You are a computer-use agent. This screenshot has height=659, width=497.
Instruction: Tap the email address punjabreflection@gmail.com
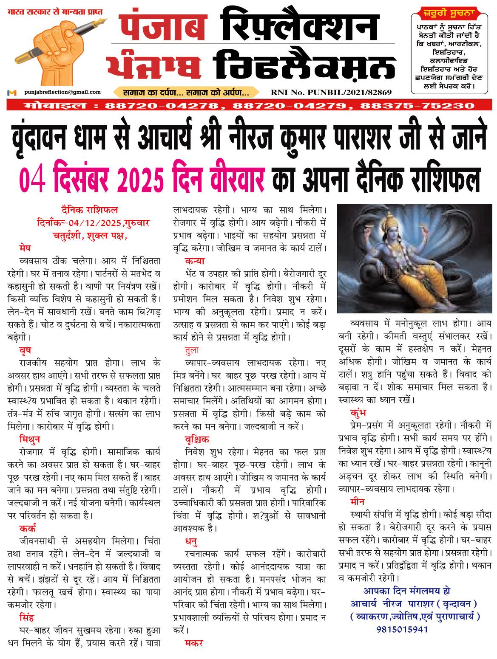62,92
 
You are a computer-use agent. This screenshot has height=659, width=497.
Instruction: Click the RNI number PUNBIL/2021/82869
331,92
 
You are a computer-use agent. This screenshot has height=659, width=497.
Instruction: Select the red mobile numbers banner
249,105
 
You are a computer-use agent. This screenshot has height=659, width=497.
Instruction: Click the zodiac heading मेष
25,248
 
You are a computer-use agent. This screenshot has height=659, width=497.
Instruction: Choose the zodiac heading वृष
25,350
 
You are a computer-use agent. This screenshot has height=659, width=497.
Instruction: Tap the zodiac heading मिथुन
29,439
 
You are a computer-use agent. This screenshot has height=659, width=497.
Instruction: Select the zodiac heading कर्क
27,528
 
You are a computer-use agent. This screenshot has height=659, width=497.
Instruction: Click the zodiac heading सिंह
26,618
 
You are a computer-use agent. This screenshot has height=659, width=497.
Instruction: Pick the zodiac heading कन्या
195,261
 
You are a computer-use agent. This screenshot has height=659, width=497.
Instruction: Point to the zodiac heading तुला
192,350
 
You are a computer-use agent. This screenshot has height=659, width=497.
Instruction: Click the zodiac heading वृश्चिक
197,439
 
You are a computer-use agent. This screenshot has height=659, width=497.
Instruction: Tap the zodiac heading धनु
191,541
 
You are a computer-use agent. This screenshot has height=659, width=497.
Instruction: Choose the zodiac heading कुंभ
358,413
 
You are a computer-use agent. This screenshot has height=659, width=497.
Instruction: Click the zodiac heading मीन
357,501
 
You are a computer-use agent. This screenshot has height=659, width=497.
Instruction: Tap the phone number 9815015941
402,629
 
